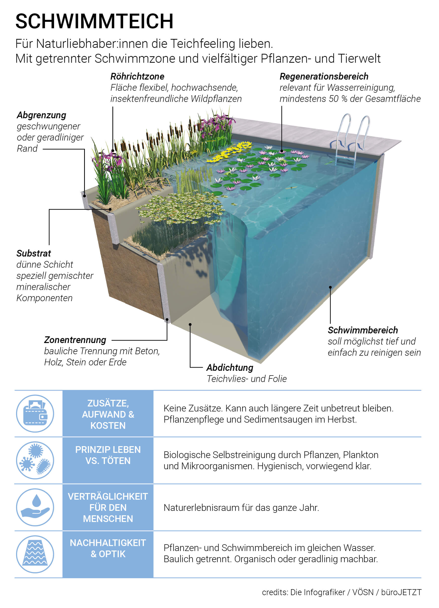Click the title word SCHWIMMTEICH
point(94,21)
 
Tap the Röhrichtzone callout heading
point(137,76)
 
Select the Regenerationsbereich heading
point(324,76)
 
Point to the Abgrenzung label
point(41,115)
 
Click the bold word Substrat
point(34,253)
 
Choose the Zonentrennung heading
point(75,340)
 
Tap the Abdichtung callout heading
point(230,368)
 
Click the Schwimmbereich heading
point(363,330)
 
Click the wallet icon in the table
point(35,413)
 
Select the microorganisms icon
point(35,460)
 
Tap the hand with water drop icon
point(35,507)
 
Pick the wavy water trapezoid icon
point(35,554)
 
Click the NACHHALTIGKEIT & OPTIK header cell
point(108,554)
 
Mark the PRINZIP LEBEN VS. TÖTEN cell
point(108,460)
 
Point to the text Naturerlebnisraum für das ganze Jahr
point(241,507)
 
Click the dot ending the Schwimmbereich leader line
point(330,287)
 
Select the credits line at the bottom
point(341,592)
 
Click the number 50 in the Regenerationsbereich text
point(334,99)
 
